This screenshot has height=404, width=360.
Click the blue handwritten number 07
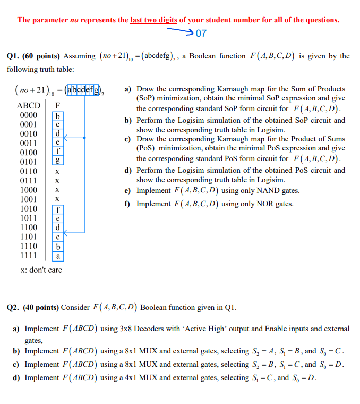point(201,33)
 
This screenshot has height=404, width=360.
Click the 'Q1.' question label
point(13,56)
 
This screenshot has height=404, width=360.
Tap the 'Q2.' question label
point(13,307)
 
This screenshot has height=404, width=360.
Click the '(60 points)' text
point(41,56)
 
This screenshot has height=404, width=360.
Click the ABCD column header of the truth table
point(29,105)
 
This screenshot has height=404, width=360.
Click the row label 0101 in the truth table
point(29,162)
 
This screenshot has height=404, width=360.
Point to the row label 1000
point(29,190)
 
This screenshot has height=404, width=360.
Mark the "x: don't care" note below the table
point(41,270)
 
